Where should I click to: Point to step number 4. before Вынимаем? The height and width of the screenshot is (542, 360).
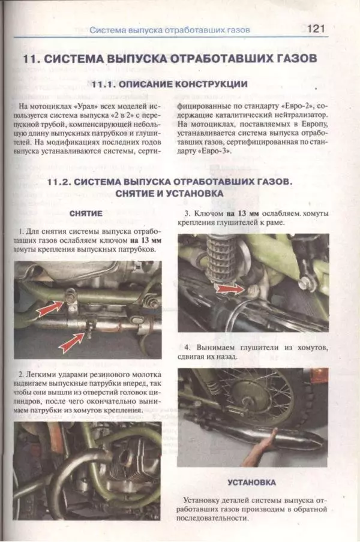coord(187,347)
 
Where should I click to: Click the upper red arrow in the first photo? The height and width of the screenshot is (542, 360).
coord(52,308)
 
